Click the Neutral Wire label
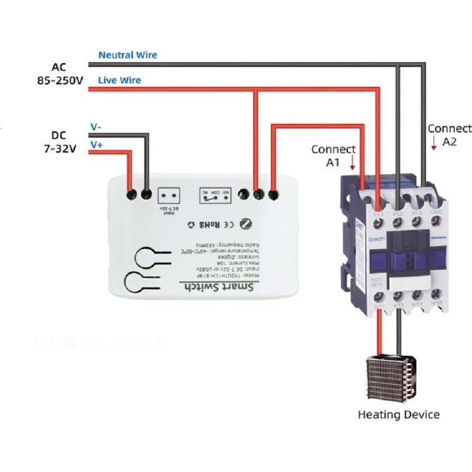point(127,55)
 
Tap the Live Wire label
point(119,80)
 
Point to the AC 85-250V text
point(60,73)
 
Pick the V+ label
point(97,145)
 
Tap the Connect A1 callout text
point(333,156)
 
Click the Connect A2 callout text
point(449,135)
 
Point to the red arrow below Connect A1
point(353,164)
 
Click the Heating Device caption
point(398,415)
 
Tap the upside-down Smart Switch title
point(220,287)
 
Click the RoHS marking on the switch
point(208,224)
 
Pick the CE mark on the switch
point(228,224)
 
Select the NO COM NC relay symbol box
point(215,196)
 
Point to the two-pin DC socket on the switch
point(169,196)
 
